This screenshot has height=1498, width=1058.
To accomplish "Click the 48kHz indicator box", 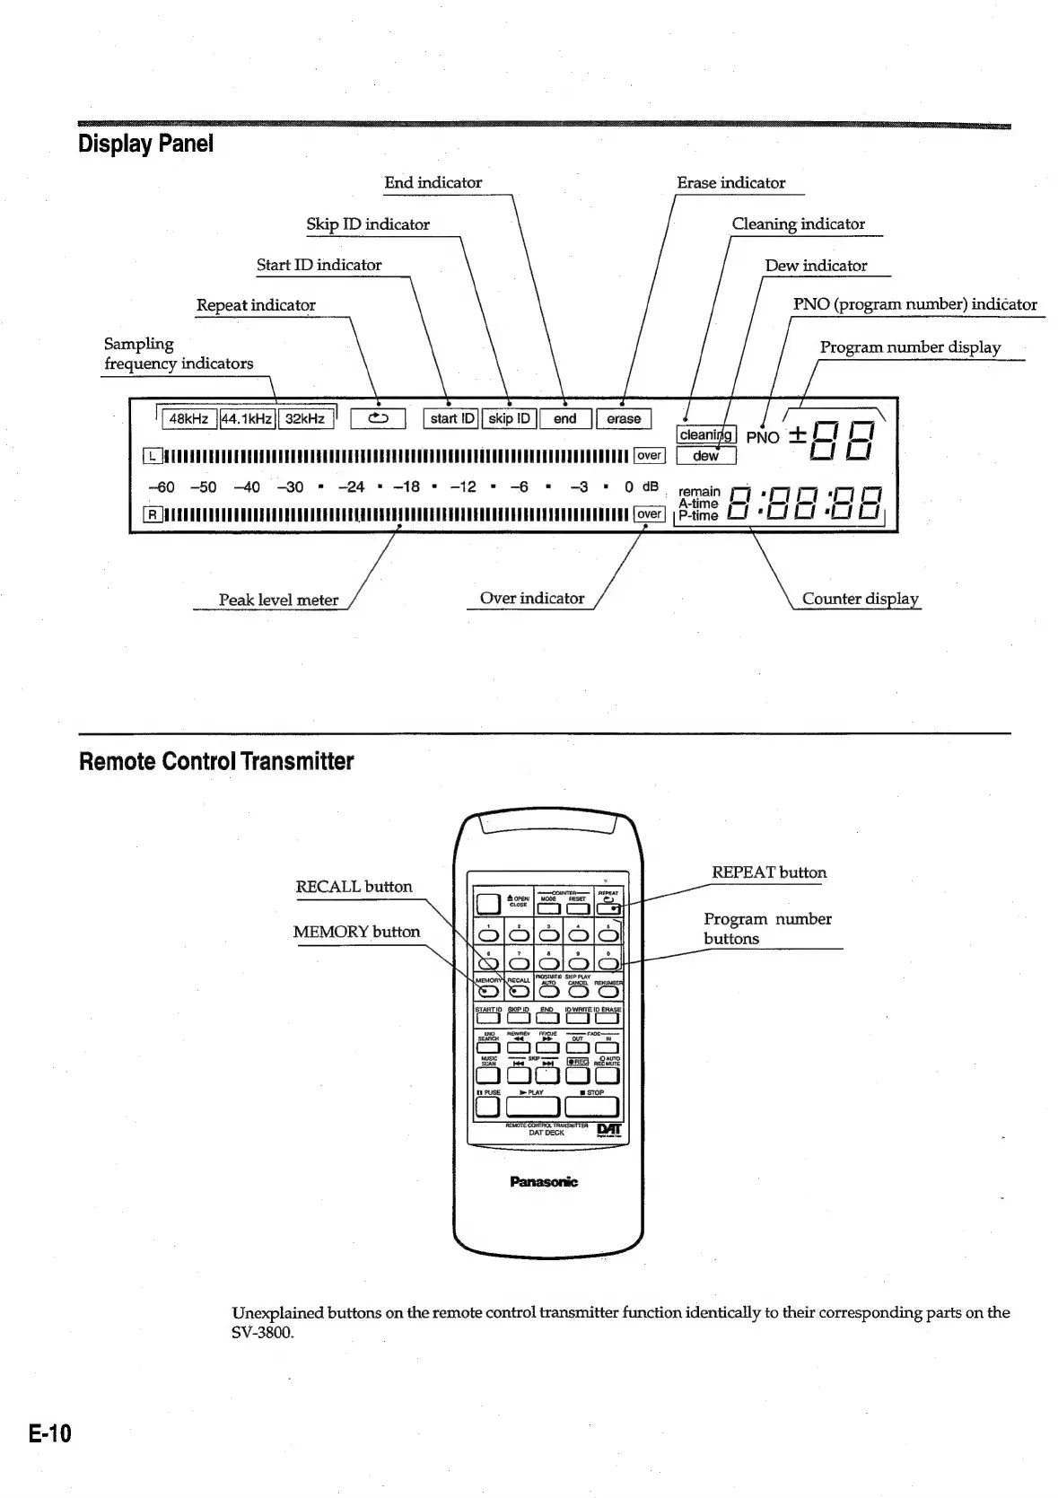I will click(x=188, y=419).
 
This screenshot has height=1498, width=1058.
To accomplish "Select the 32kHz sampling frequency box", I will click(x=305, y=419).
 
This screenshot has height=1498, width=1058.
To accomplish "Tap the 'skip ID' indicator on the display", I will click(x=509, y=419).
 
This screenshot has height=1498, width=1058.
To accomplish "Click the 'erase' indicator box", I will click(x=624, y=419).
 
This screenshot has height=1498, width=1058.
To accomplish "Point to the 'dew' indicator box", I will click(x=705, y=456).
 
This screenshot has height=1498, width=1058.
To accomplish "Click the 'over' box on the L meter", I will click(x=649, y=456).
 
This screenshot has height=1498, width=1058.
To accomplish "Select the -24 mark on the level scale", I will click(x=351, y=487).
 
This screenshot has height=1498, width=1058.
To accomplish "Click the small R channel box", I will click(x=153, y=514).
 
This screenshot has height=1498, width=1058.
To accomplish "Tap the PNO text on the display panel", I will click(x=763, y=438).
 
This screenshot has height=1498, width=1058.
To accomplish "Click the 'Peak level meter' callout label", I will click(x=278, y=600).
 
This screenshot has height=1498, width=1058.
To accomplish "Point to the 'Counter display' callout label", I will click(x=860, y=599).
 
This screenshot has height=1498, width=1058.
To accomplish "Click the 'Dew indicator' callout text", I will click(x=816, y=266).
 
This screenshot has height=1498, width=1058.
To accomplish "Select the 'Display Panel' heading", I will click(x=145, y=144).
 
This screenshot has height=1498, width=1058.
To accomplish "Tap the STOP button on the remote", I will click(x=596, y=1107).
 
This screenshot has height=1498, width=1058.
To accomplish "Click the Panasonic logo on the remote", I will click(x=544, y=1182).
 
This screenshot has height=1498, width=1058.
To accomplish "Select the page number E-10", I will click(x=49, y=1433).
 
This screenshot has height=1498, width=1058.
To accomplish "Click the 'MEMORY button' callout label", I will click(x=356, y=932).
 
